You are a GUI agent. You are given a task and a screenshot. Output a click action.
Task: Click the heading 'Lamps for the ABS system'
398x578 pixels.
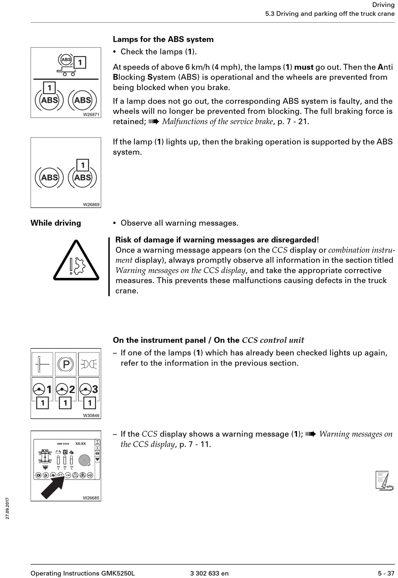point(163,39)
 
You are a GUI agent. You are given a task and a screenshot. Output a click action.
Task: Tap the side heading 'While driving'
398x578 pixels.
point(56,223)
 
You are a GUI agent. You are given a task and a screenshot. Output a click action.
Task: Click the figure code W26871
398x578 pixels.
point(91,114)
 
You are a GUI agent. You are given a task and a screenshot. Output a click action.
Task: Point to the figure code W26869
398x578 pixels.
point(91,205)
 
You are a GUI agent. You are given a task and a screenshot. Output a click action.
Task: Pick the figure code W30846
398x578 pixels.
point(91,415)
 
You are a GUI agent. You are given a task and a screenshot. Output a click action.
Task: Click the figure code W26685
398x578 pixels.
point(91,498)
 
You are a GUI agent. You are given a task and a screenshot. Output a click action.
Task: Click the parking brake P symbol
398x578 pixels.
point(66,364)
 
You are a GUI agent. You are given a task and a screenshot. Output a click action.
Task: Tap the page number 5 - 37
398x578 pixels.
point(386,573)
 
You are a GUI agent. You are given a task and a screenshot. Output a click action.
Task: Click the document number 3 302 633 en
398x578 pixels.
point(209,573)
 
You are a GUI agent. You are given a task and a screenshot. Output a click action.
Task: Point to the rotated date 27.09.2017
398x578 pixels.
point(7,508)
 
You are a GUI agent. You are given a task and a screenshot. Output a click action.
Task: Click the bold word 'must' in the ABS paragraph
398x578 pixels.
point(304,67)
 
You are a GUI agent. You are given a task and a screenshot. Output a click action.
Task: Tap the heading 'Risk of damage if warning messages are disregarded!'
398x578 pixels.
point(217,240)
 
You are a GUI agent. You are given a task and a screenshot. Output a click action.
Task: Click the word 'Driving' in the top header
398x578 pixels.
point(383,5)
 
